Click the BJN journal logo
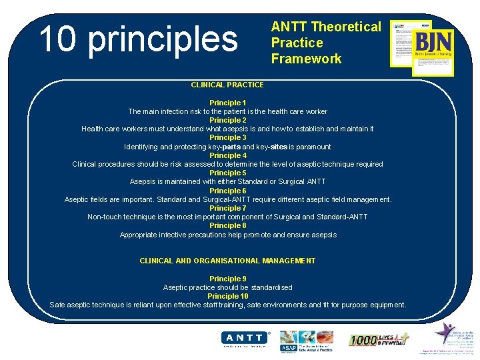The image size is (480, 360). click(432, 47)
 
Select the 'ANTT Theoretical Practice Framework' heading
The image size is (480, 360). click(325, 43)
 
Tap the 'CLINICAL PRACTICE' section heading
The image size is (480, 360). click(227, 85)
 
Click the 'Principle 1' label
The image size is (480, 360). click(227, 103)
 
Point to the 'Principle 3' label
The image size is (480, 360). click(227, 138)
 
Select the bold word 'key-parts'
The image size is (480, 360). click(224, 147)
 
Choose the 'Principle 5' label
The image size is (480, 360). click(227, 173)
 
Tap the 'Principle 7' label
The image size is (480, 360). click(227, 208)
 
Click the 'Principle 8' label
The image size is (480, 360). click(227, 225)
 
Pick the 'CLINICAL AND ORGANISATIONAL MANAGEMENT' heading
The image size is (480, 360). click(227, 261)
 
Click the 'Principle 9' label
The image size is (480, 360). click(227, 279)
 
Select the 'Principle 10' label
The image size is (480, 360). click(227, 296)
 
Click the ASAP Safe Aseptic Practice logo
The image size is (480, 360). click(306, 341)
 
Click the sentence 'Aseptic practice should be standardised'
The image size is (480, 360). click(227, 287)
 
